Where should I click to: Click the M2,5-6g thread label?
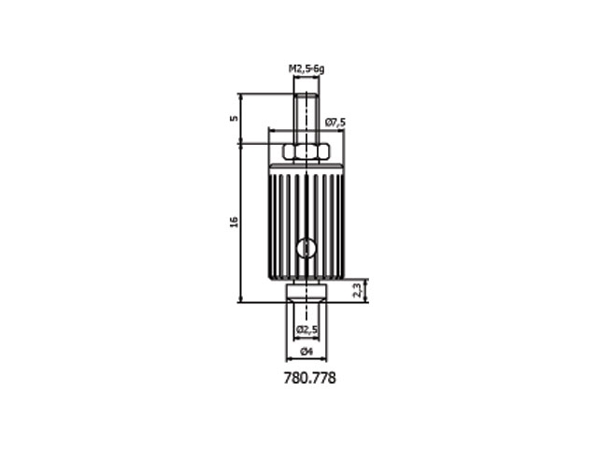click(306, 69)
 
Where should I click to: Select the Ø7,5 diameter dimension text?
click(335, 123)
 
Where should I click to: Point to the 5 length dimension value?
click(234, 118)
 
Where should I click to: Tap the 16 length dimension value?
click(234, 222)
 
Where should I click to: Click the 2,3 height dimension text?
click(357, 290)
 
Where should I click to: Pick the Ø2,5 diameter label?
click(307, 329)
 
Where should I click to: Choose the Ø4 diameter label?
click(306, 352)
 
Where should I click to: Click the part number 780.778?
click(309, 378)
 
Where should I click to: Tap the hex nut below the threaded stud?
click(306, 152)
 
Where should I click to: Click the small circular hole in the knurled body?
click(306, 249)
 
